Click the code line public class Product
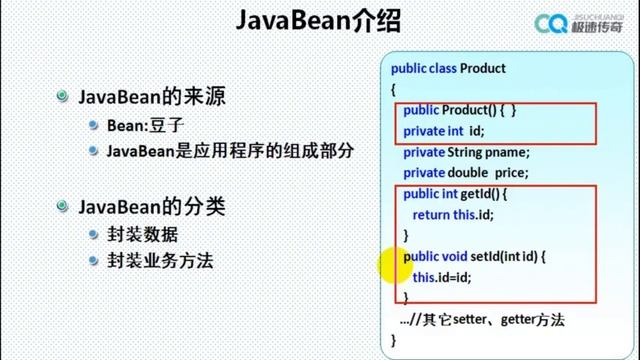coord(448,69)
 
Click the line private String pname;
coord(466,152)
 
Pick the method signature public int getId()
coord(457,194)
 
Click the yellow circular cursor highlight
coord(393,268)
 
